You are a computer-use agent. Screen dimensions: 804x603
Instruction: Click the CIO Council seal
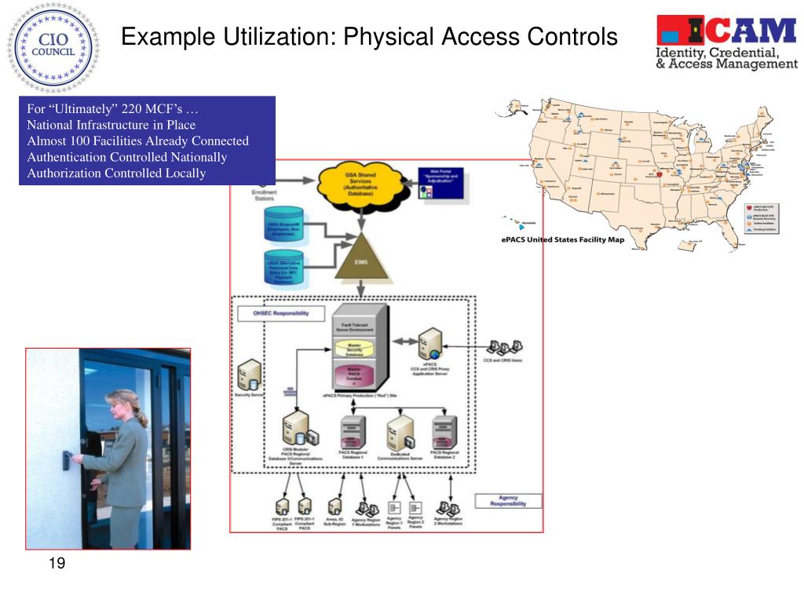point(53,49)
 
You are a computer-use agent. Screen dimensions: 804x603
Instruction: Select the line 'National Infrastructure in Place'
point(111,125)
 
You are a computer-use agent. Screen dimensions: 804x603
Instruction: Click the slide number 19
point(57,563)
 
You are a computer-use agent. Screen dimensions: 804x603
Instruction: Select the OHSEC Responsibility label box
point(272,313)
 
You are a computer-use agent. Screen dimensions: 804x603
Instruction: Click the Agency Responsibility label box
point(507,500)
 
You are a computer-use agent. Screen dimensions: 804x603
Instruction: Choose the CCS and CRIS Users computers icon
point(503,347)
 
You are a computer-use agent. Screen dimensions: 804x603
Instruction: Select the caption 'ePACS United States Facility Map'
point(563,239)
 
